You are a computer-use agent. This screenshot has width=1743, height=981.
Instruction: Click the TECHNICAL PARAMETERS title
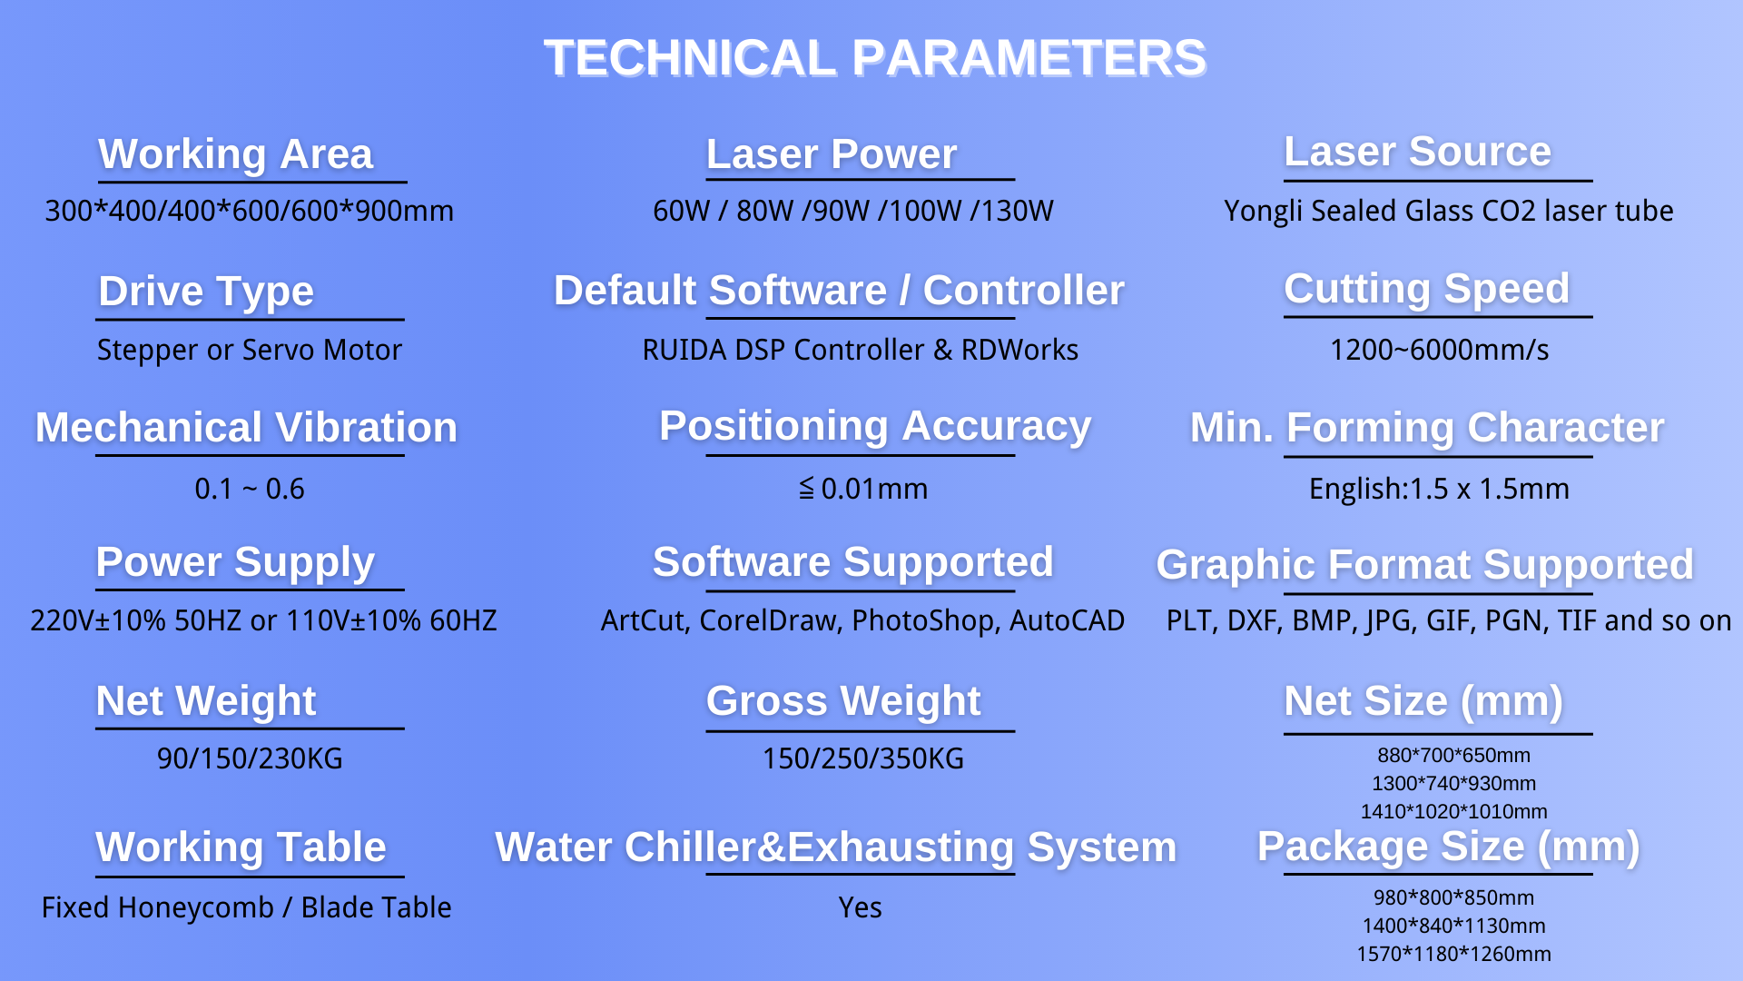tap(875, 58)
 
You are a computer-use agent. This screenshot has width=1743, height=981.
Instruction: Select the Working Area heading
tap(236, 154)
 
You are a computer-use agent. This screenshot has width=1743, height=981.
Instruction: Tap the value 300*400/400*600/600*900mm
tap(250, 211)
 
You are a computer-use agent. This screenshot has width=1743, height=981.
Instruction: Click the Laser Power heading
tap(832, 154)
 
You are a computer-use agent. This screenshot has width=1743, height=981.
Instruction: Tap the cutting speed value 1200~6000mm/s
tap(1440, 350)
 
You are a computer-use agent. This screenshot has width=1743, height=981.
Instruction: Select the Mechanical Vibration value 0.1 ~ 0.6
tap(250, 489)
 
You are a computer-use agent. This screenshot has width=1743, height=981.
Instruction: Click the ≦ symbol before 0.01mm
tap(806, 489)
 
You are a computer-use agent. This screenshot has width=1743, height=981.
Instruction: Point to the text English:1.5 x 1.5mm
tap(1439, 489)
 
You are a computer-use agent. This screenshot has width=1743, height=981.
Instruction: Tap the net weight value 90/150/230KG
tap(250, 758)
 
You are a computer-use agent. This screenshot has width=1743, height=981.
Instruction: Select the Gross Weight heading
tap(843, 701)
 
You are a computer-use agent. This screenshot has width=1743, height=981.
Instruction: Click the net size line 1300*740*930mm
tap(1453, 783)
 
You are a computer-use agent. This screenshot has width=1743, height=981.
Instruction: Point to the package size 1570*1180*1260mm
tap(1453, 954)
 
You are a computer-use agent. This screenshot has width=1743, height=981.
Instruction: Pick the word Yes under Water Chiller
tap(860, 907)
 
